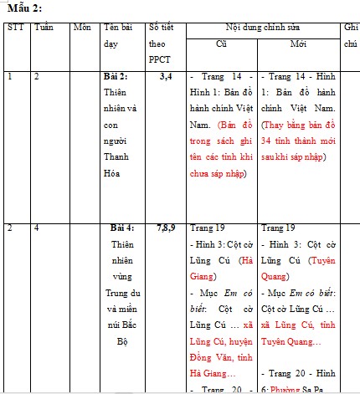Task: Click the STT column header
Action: coord(15,28)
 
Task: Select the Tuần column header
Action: coord(44,28)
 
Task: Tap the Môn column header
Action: coord(82,28)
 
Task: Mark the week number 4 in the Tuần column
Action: coord(38,228)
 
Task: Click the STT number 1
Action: coord(10,77)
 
